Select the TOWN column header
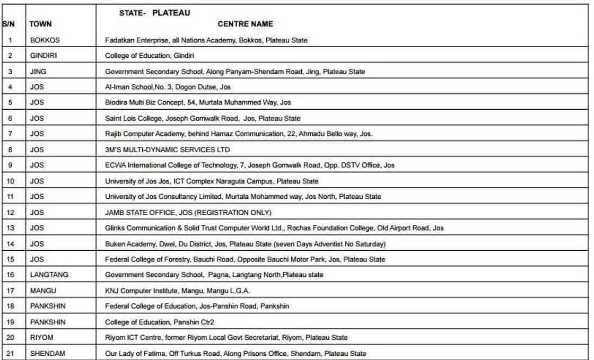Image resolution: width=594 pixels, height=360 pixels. (40, 24)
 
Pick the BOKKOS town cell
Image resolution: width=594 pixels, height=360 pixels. (43, 40)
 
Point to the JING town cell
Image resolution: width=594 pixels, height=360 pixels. (37, 72)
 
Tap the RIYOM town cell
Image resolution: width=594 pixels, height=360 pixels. (40, 337)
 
